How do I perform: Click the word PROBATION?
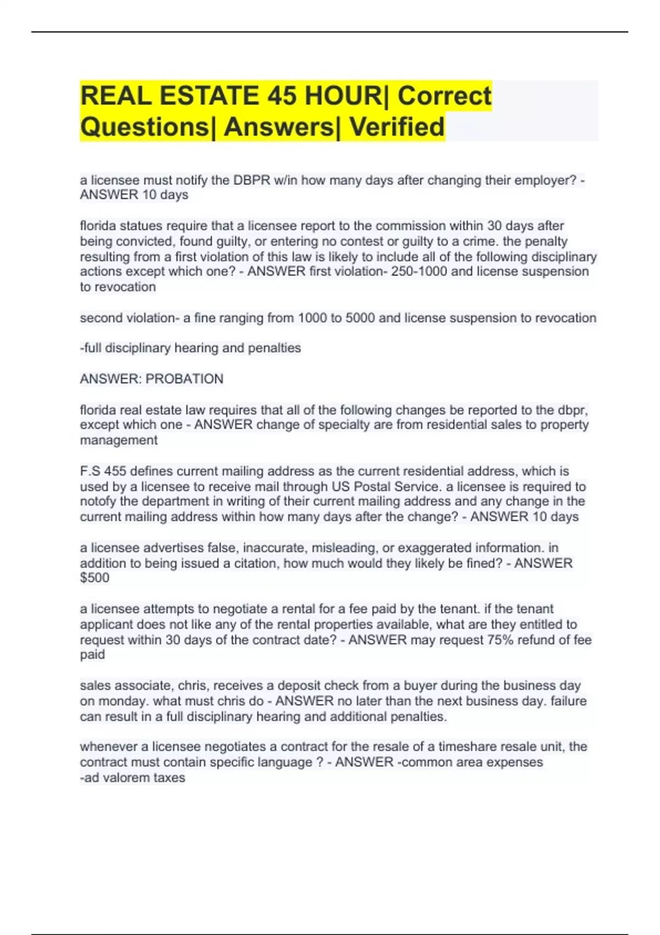pyautogui.click(x=184, y=379)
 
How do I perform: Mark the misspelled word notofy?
pyautogui.click(x=98, y=502)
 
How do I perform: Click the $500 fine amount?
pyautogui.click(x=95, y=578)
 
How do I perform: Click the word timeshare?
pyautogui.click(x=463, y=747)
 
